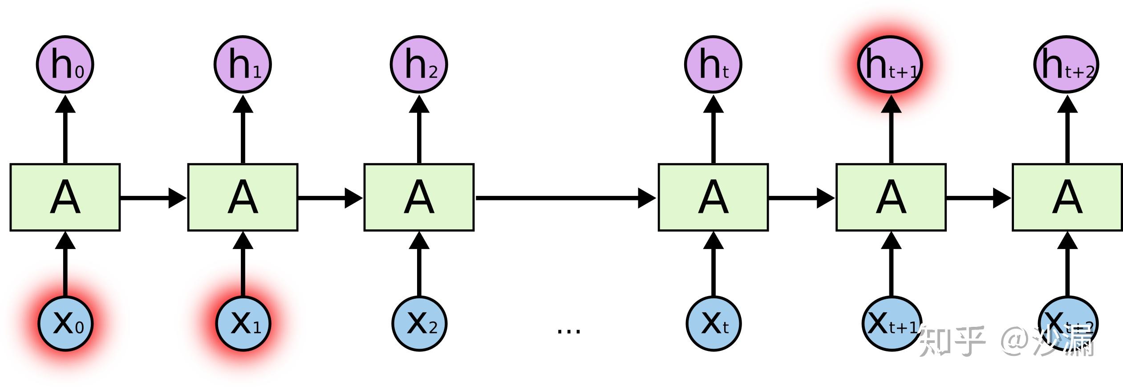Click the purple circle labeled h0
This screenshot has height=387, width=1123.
click(x=65, y=65)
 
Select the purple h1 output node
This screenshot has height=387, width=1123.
click(x=243, y=65)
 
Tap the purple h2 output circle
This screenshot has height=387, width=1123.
click(x=419, y=65)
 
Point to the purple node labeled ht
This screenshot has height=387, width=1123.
click(x=713, y=65)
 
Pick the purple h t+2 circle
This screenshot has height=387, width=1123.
click(x=1066, y=65)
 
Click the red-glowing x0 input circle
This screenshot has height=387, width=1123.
click(x=65, y=323)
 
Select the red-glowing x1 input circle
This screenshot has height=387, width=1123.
click(x=243, y=323)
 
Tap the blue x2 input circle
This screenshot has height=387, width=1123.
click(x=419, y=323)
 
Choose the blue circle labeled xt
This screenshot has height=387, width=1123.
click(x=714, y=323)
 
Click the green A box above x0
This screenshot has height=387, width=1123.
click(x=65, y=197)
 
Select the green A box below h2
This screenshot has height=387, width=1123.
click(x=419, y=197)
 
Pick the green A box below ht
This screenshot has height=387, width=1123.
click(x=713, y=197)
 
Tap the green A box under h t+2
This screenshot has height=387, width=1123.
click(x=1067, y=197)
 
